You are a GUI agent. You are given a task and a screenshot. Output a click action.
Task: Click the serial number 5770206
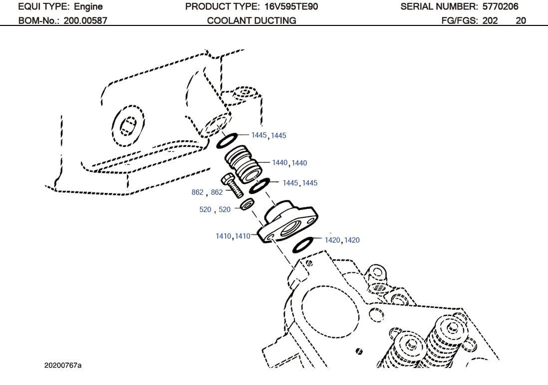click(500, 7)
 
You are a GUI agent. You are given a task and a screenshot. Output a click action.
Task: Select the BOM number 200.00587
click(85, 21)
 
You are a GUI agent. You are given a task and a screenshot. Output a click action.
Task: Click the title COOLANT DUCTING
click(252, 21)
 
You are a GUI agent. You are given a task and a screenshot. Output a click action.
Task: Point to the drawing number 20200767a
click(63, 366)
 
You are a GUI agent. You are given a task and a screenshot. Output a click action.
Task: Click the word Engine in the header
click(88, 7)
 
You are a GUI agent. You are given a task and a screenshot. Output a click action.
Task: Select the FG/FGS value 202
click(491, 21)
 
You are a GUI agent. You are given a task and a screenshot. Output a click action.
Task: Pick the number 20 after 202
click(521, 21)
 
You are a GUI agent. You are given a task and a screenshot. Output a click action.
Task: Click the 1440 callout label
click(289, 163)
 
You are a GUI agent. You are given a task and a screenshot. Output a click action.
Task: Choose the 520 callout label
click(215, 210)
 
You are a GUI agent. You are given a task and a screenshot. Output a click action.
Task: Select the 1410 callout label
click(233, 236)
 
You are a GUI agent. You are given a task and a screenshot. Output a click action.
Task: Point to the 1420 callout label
click(342, 240)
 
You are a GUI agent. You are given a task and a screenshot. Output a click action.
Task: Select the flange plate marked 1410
click(287, 223)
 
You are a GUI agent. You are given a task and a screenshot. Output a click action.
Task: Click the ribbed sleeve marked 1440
click(242, 163)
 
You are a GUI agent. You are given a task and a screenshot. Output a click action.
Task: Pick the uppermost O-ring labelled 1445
click(228, 140)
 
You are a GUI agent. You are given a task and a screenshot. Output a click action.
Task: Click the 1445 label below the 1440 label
click(299, 183)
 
